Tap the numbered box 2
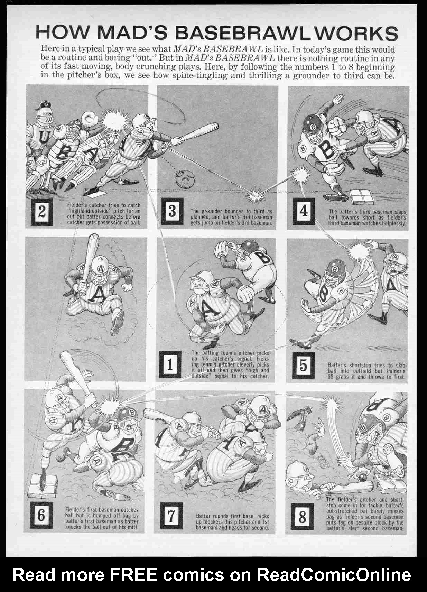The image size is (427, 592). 41,212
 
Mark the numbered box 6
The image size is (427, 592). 41,515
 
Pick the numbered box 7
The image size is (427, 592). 171,516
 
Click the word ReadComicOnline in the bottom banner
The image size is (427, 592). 334,575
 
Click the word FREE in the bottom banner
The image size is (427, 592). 133,575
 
